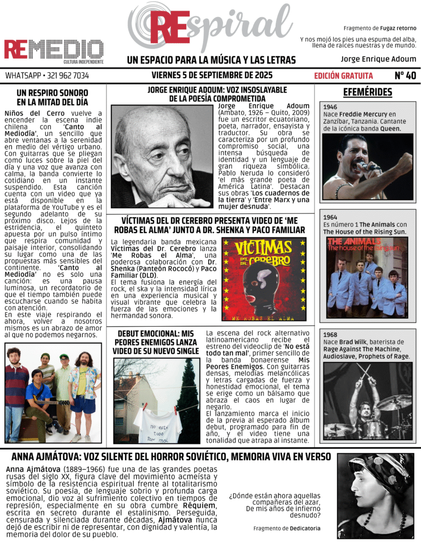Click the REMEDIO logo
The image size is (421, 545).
click(53, 50)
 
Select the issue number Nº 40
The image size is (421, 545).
click(405, 76)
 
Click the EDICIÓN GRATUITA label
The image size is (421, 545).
click(343, 76)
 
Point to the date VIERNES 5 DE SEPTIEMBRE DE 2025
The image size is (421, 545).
click(212, 75)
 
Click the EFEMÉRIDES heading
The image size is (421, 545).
click(367, 93)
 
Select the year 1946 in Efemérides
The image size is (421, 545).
click(330, 107)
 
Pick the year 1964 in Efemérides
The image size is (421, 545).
click(330, 217)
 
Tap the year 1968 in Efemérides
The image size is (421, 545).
click(330, 335)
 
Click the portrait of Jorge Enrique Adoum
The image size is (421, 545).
click(162, 155)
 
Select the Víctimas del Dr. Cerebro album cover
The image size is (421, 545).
click(263, 279)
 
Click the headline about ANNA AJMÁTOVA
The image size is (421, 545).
click(171, 457)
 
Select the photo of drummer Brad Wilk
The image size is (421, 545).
click(367, 400)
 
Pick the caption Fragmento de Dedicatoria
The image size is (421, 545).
click(287, 529)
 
